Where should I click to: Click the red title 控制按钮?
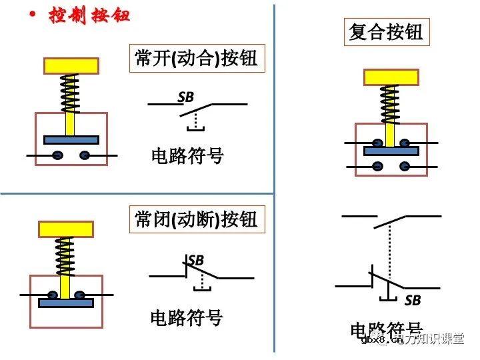89,15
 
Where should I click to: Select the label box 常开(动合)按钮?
195,59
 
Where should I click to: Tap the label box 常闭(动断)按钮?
195,219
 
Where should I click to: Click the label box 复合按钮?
386,31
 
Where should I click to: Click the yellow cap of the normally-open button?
71,65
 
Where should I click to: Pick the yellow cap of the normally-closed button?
65,229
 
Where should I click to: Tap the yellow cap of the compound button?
391,77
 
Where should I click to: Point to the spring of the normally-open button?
70,93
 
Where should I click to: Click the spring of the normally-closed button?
65,257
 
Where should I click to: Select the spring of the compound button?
390,104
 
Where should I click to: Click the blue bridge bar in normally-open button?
71,140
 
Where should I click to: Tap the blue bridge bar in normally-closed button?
65,303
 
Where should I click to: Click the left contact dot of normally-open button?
58,155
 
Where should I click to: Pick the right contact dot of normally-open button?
84,155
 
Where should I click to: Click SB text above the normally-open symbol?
185,97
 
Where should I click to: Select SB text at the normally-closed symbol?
196,259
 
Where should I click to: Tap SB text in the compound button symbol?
413,301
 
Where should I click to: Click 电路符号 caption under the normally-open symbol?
187,157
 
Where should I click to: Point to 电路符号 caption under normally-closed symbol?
187,317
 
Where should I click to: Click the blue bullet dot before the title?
31,13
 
